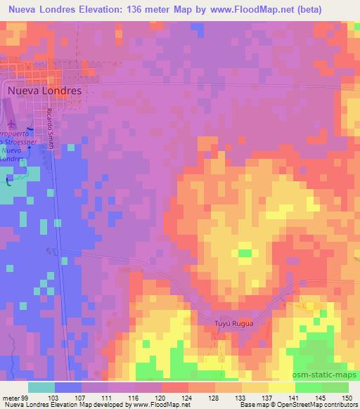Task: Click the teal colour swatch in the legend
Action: pos(42,387)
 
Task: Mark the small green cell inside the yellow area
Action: pos(245,252)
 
